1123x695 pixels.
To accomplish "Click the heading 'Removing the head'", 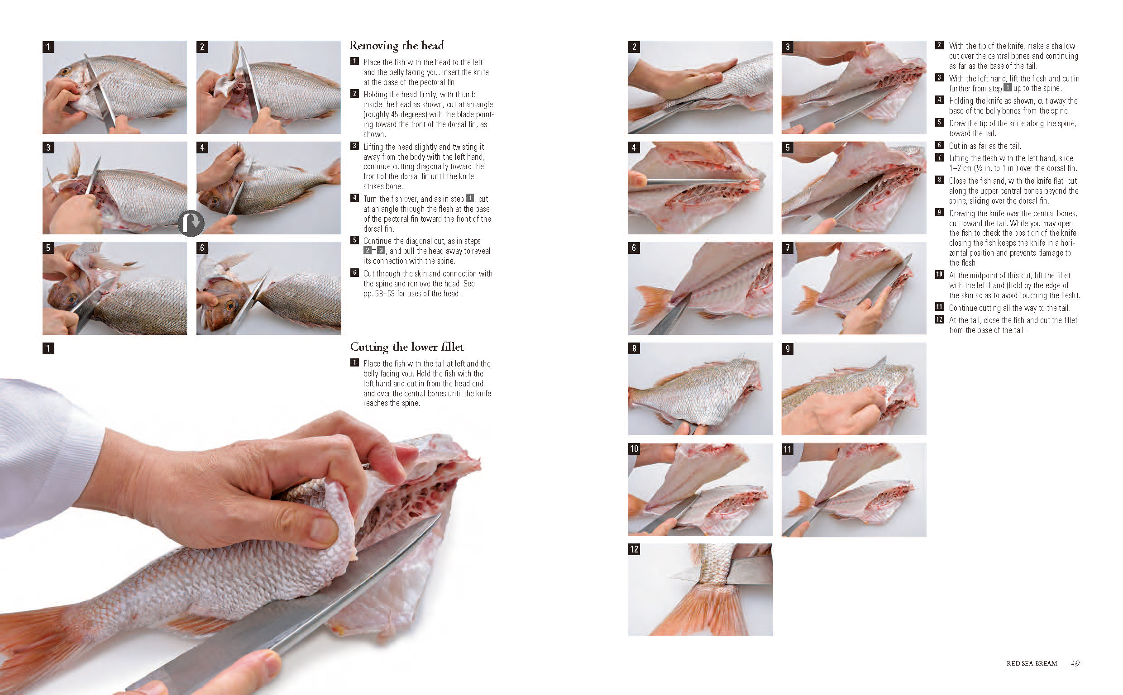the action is tap(396, 46).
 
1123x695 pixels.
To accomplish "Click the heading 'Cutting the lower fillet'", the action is tap(407, 347).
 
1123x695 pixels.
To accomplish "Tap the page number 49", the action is tap(1075, 663).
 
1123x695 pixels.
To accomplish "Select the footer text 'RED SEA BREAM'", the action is tap(1032, 663).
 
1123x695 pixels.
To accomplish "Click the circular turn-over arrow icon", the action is tap(191, 224).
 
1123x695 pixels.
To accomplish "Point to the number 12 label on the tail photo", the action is tap(634, 549).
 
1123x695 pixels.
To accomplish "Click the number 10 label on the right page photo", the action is tap(634, 448).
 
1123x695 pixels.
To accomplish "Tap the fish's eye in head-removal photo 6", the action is tap(230, 305).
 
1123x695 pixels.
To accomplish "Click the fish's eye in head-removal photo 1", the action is tap(65, 71).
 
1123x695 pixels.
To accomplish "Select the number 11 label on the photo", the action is tap(788, 448).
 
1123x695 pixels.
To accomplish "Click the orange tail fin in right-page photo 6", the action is tap(654, 305).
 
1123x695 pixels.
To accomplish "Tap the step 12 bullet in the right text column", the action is tap(939, 319).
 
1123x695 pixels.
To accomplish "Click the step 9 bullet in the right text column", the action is tap(939, 212).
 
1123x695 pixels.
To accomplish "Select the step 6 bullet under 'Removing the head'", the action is tap(354, 272).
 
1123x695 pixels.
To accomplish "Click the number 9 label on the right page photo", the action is tap(788, 348).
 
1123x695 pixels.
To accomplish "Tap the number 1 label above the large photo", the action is tap(48, 348).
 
